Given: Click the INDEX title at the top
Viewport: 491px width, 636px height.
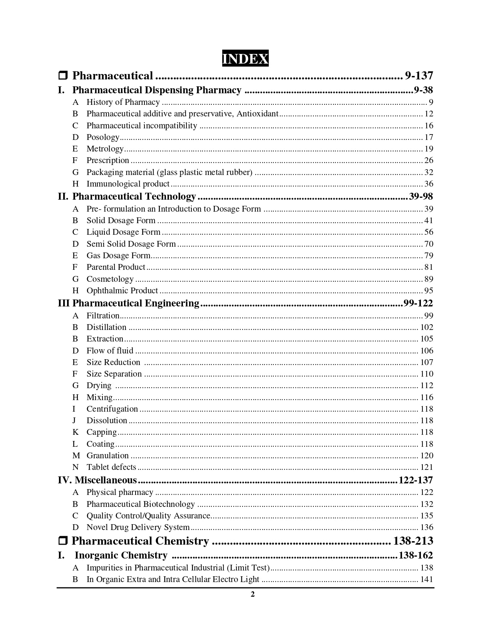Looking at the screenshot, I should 245,59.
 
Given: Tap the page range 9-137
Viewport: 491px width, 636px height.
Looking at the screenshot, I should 419,76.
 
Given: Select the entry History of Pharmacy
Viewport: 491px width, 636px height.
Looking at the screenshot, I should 123,102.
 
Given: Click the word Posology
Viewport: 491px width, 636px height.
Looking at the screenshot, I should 103,137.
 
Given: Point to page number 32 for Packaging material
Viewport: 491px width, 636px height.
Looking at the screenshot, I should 429,172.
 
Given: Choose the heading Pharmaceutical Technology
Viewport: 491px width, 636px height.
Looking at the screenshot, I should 134,197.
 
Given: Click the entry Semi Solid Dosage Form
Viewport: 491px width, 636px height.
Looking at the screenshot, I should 131,244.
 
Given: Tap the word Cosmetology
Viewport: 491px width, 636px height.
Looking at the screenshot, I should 110,279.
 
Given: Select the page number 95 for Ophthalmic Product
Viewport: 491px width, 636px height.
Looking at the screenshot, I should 429,291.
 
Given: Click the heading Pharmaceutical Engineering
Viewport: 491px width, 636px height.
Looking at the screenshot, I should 136,303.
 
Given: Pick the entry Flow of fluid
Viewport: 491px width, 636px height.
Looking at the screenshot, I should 110,351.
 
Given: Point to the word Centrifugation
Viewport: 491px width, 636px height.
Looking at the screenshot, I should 112,409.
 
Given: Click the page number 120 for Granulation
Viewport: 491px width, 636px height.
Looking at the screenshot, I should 427,456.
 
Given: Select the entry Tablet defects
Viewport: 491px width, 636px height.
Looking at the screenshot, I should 111,467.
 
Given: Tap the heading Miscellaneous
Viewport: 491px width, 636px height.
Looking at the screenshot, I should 106,480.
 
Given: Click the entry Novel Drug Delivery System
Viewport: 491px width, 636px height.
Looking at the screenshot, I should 138,527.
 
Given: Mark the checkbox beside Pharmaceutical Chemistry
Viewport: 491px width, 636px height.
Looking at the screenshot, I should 63,541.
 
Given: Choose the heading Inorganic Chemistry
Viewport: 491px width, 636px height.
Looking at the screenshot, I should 121,555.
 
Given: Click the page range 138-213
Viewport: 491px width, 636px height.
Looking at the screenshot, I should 413,541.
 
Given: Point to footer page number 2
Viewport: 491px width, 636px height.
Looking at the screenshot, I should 253,594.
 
